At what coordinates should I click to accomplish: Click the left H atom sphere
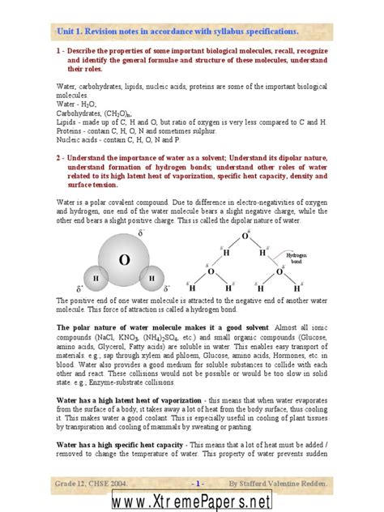click(96, 279)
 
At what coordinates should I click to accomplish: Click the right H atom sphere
click(151, 279)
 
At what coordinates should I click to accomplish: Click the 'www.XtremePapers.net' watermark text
click(192, 501)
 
